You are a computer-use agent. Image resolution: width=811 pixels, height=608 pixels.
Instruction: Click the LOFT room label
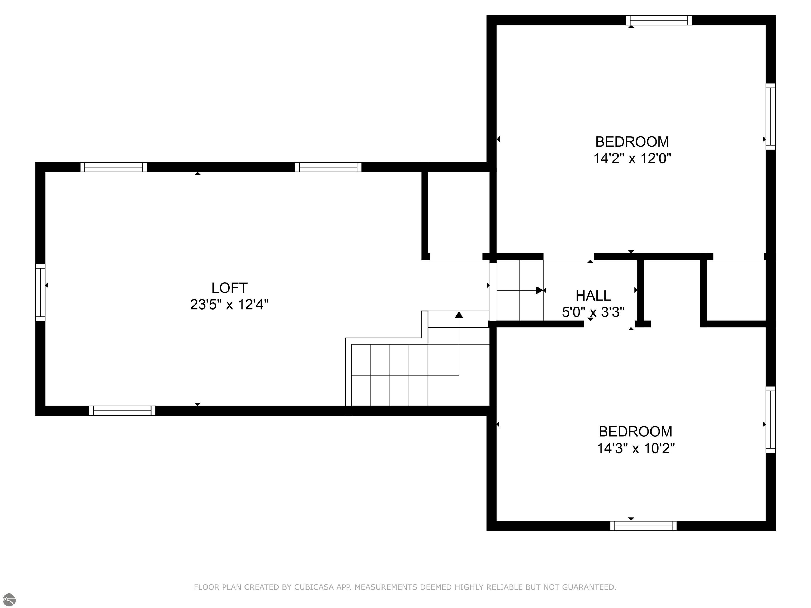[x=229, y=288]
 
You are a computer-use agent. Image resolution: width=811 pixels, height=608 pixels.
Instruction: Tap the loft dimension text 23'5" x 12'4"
[x=229, y=305]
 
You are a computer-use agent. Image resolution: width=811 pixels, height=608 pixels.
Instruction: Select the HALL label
[x=593, y=296]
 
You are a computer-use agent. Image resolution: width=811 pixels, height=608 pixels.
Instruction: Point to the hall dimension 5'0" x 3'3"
[x=593, y=312]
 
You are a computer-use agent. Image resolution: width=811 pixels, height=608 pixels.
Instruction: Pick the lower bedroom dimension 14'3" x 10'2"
[x=635, y=448]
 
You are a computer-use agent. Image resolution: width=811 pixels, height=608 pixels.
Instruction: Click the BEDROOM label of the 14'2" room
[x=632, y=142]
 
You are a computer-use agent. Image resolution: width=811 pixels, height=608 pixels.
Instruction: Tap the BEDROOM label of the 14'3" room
[x=635, y=432]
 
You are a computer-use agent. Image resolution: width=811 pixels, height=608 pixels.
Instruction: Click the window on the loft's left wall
[x=40, y=292]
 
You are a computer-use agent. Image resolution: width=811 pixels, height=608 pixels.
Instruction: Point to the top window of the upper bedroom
[x=659, y=20]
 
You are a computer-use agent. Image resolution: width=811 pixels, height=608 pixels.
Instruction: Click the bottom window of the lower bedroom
[x=643, y=526]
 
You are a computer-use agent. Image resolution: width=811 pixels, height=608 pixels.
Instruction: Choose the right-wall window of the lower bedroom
[x=771, y=420]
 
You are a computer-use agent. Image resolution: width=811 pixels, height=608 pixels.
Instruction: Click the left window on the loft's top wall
[x=114, y=167]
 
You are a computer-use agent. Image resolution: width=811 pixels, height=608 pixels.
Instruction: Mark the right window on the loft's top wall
[x=328, y=167]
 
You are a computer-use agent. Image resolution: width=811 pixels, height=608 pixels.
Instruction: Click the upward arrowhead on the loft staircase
[x=459, y=315]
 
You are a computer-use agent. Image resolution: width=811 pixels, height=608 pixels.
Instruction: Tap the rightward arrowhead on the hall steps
[x=540, y=290]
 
